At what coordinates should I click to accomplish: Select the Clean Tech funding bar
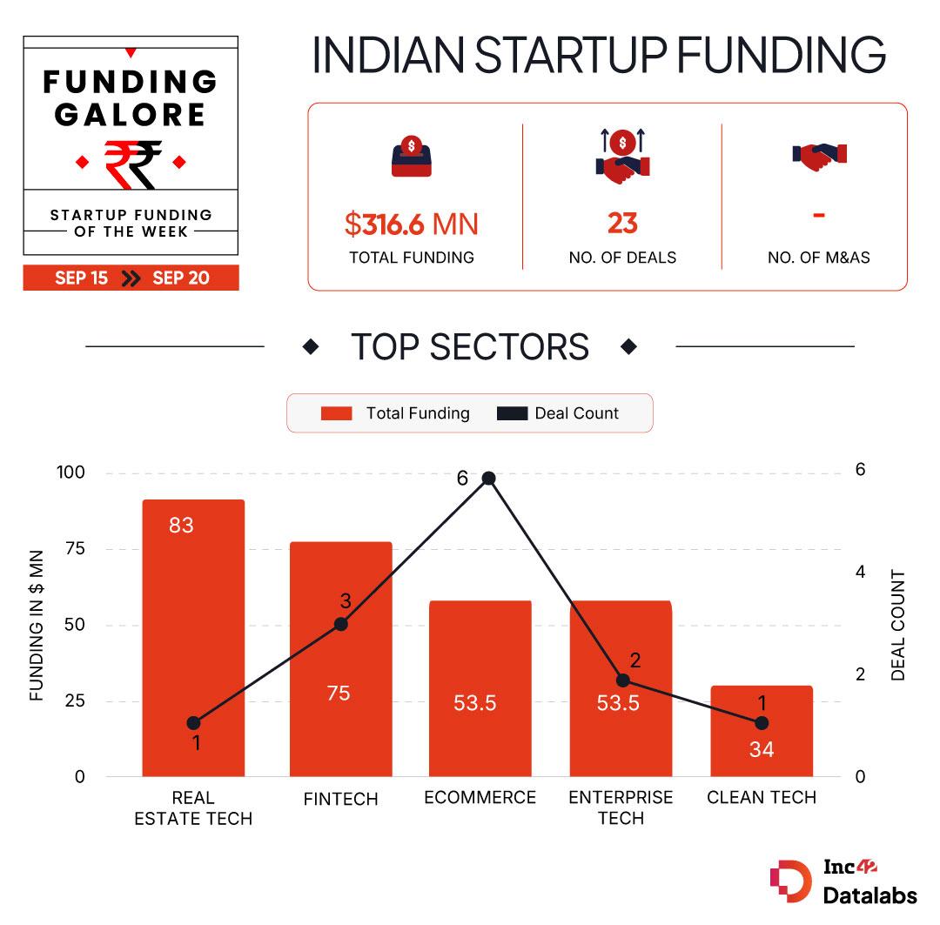762,731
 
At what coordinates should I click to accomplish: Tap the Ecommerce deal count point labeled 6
488,478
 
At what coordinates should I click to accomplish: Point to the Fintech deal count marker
341,623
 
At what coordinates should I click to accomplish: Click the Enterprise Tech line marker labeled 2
622,680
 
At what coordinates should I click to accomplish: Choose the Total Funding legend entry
396,413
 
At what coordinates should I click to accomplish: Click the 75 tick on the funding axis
75,548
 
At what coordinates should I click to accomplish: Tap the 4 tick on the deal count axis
861,572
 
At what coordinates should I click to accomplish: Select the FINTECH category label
341,799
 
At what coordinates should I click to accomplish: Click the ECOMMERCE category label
480,797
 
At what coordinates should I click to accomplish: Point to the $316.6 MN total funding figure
411,225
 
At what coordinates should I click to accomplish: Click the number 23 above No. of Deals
622,224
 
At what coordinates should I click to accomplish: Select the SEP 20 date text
181,278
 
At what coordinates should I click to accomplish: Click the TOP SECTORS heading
470,346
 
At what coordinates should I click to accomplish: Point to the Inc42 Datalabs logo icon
790,881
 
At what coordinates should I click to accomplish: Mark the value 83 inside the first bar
182,525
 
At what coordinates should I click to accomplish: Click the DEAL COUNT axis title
898,625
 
